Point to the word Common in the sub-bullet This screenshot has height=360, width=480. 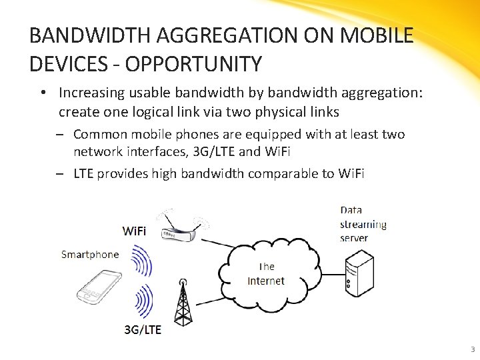99,135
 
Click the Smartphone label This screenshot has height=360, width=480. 90,254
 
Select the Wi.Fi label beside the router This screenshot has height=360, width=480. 134,231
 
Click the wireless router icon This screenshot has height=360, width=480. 177,227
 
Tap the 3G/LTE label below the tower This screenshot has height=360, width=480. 142,330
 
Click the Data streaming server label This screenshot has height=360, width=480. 363,224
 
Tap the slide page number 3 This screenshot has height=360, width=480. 472,349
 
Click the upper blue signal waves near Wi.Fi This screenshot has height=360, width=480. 141,261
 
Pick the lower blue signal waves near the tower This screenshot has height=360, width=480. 142,301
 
